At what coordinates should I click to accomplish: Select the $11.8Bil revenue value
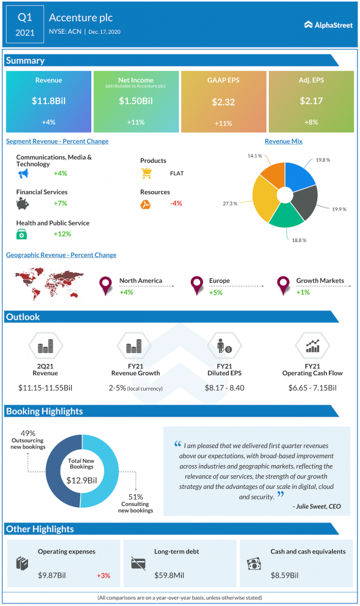coord(49,101)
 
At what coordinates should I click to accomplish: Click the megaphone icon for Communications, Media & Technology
coord(23,174)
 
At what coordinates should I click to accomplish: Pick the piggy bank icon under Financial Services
coord(23,204)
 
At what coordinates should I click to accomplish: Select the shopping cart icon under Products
coord(147,173)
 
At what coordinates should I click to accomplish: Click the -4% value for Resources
coord(176,204)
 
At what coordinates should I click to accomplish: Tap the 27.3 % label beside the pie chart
coord(230,203)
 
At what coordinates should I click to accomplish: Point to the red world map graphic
coord(49,284)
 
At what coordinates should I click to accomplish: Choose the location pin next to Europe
coord(197,286)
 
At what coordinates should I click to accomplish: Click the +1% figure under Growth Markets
coord(303,292)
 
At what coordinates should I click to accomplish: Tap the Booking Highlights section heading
coord(44,411)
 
